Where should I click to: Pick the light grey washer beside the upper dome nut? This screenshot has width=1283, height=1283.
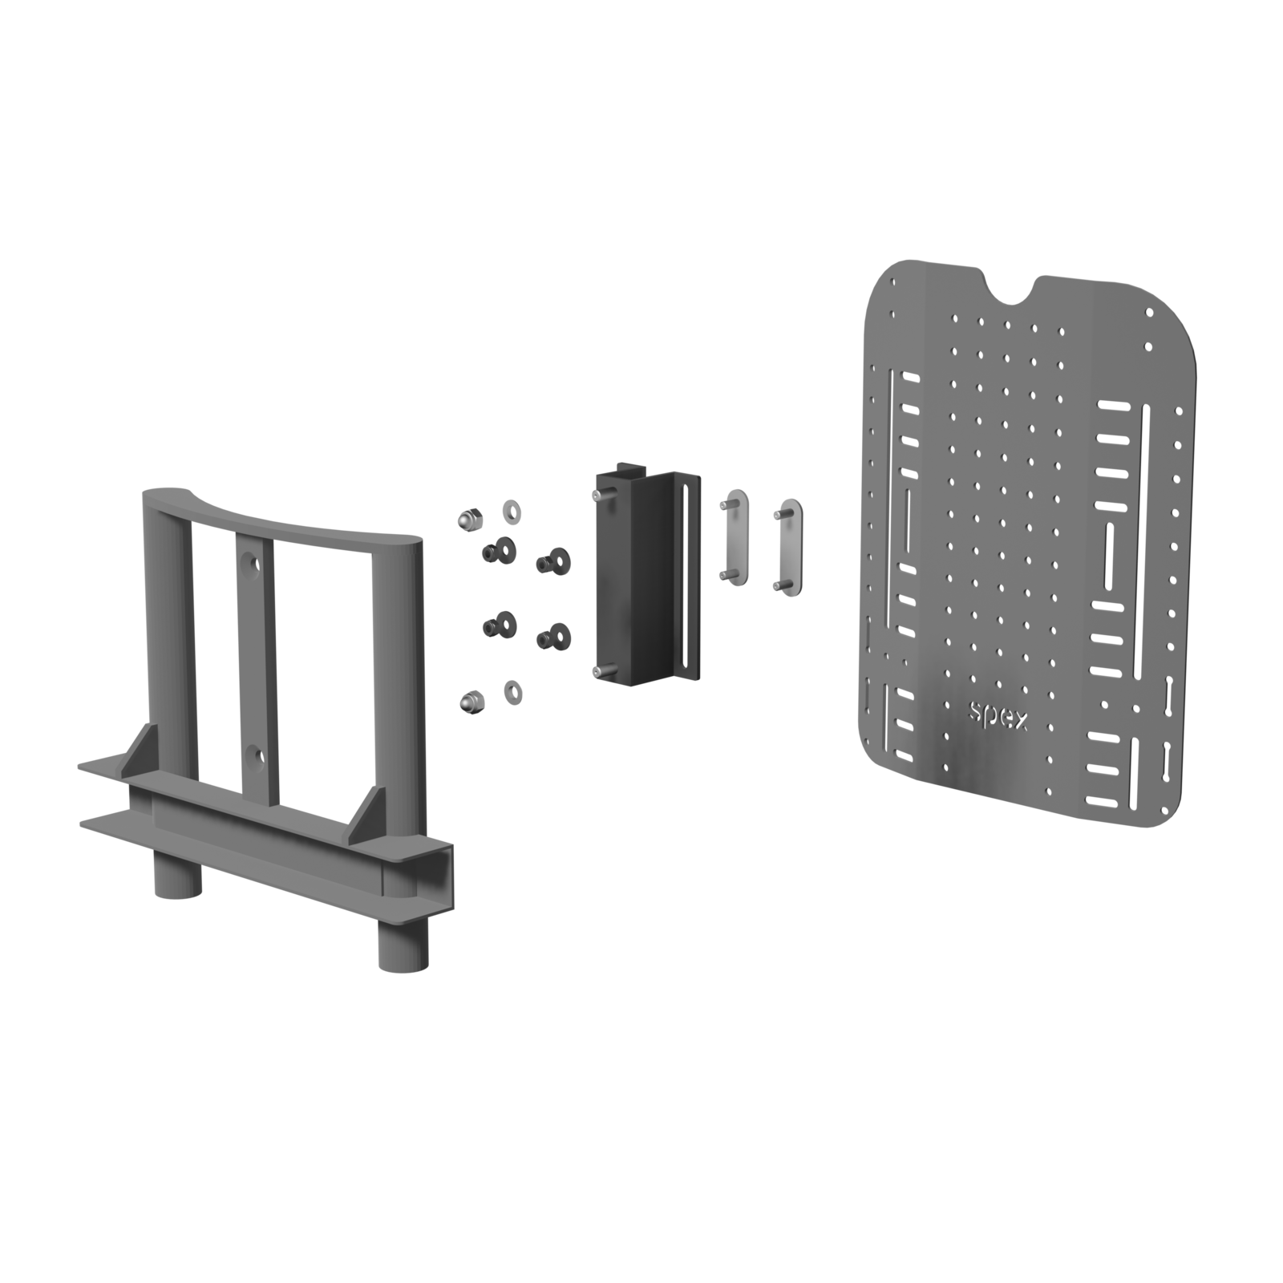click(510, 509)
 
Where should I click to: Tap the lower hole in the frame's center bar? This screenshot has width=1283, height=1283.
click(255, 755)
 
